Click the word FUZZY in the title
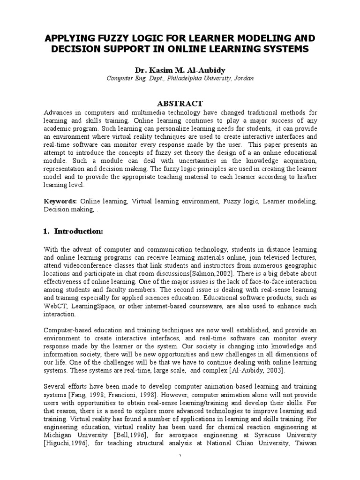119,38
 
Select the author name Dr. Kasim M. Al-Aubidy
180,70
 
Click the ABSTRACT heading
180,104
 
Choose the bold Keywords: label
60,201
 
